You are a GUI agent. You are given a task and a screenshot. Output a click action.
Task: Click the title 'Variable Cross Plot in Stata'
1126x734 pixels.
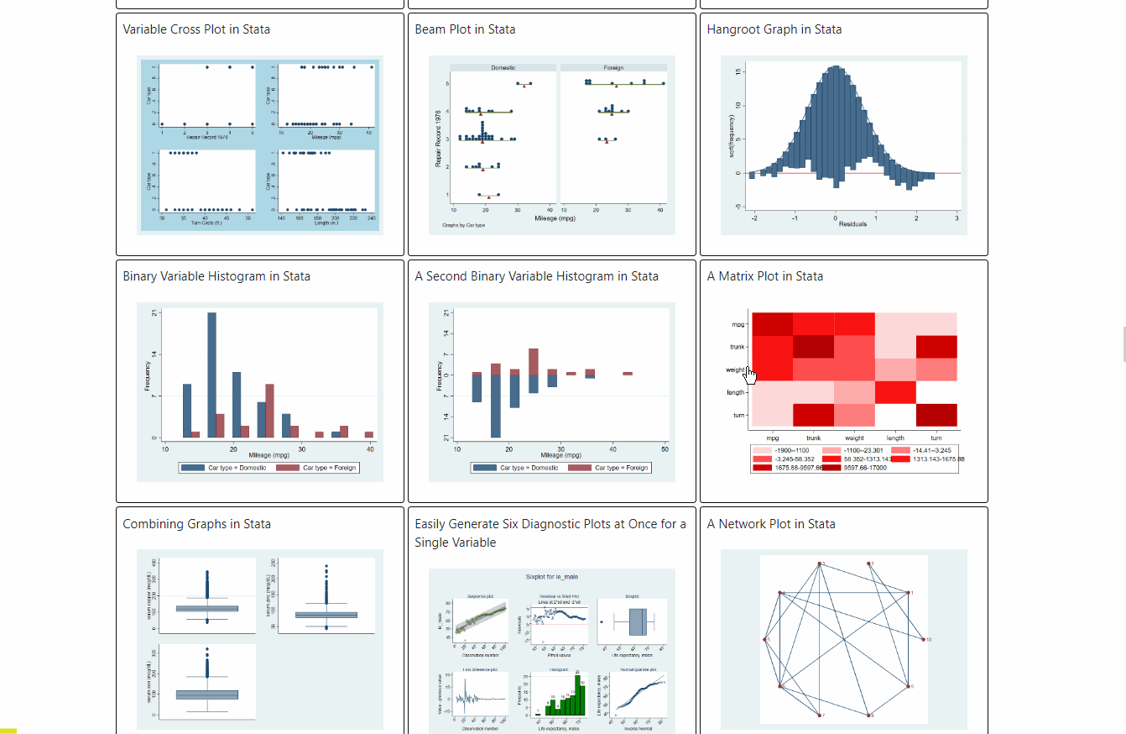click(196, 29)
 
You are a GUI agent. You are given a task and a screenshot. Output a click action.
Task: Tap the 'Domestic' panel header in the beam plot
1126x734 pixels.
click(503, 67)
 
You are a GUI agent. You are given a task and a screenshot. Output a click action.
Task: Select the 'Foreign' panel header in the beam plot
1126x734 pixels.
click(613, 67)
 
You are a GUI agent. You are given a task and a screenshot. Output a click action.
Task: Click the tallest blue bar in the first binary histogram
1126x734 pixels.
click(211, 375)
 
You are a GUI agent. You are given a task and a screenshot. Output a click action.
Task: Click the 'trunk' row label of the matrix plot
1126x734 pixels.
click(737, 347)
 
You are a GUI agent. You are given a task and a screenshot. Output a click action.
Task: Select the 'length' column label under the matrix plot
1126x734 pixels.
click(895, 438)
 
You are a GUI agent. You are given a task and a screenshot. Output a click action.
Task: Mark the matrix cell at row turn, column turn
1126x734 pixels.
click(936, 415)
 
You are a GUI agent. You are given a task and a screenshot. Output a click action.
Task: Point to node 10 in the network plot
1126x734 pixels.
click(925, 640)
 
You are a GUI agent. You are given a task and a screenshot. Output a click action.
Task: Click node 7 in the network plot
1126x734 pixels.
click(820, 716)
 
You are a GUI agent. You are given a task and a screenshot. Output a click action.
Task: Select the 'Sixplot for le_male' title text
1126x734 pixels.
click(551, 578)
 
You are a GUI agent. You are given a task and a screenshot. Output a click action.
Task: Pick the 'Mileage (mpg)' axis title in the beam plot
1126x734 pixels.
click(555, 218)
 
